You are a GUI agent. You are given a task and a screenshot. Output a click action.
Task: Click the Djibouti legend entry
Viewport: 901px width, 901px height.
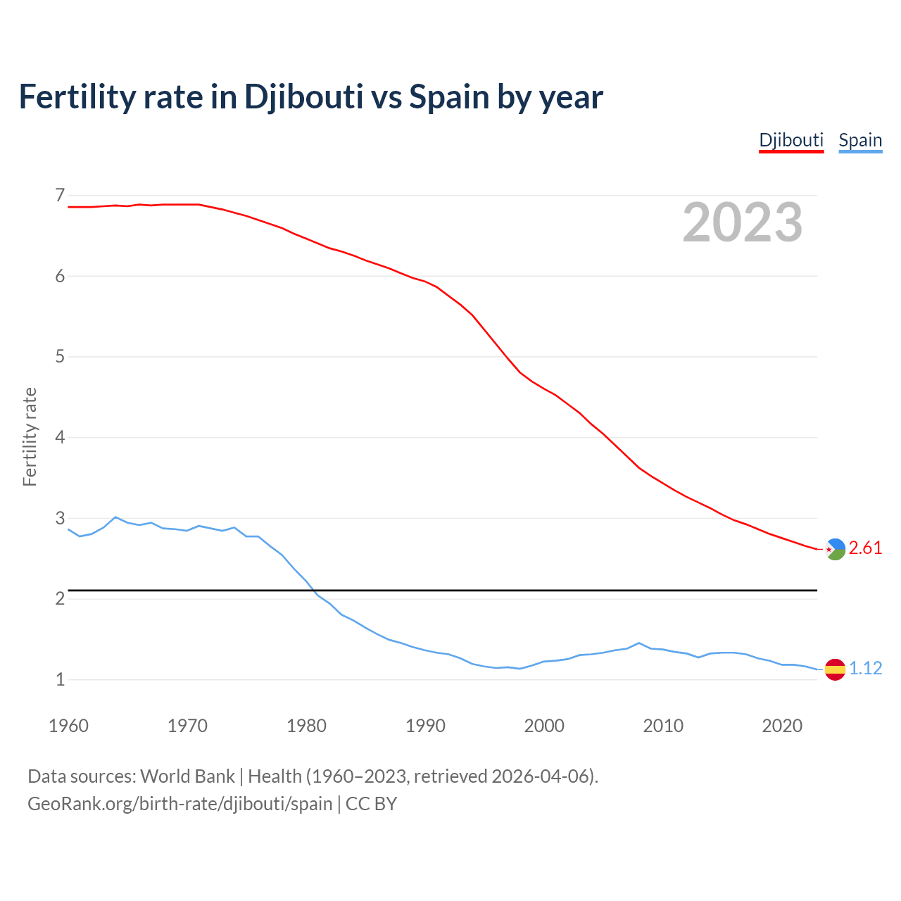point(791,140)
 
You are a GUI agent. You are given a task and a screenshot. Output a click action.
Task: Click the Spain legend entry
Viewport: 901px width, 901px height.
point(860,140)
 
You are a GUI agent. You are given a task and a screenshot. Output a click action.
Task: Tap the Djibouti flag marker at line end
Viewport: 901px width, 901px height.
point(835,548)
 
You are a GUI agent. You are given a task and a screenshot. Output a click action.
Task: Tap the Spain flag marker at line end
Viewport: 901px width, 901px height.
point(835,669)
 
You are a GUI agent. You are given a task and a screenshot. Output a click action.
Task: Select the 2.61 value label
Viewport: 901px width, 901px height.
point(865,548)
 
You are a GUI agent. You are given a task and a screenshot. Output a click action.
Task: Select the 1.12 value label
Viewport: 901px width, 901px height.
point(865,668)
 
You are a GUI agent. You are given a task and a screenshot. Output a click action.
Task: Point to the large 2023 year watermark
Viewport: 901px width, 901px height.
point(742,222)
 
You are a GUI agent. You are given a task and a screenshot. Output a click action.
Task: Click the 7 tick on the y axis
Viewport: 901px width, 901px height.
point(60,195)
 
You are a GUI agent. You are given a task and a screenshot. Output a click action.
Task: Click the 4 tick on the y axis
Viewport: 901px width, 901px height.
point(60,437)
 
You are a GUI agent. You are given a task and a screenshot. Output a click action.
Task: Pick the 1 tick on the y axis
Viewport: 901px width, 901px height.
point(60,680)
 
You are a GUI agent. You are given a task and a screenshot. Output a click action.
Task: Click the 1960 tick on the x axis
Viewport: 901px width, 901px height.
point(68,726)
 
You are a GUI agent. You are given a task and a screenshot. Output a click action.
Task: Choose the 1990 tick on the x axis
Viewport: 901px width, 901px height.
point(425,726)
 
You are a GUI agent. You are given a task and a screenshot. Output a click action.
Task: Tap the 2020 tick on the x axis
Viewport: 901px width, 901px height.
point(782,726)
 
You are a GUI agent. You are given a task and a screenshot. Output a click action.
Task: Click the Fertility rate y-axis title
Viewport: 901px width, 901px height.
point(30,436)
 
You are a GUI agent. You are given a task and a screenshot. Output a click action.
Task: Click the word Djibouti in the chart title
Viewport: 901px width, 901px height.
point(303,97)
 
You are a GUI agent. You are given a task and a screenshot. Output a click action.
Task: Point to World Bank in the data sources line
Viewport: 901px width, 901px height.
point(187,776)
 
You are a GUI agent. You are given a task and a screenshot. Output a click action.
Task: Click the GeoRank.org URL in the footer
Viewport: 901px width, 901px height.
point(179,803)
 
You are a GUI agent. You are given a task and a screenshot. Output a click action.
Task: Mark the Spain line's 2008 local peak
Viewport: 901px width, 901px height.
point(638,643)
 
